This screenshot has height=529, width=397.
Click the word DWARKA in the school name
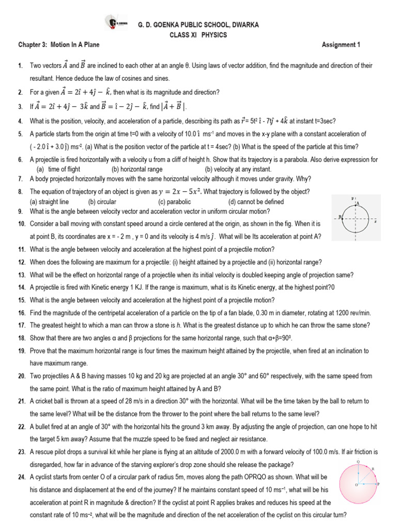point(242,25)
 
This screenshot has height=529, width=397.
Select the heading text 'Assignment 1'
point(341,45)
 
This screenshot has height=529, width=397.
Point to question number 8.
point(20,192)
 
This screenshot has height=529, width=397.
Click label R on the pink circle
point(372,469)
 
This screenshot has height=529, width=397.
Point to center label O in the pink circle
point(356,486)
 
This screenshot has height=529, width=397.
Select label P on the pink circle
point(379,485)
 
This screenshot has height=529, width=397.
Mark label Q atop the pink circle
point(358,461)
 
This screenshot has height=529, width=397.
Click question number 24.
point(21,476)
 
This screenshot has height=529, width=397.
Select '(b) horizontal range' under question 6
point(137,169)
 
